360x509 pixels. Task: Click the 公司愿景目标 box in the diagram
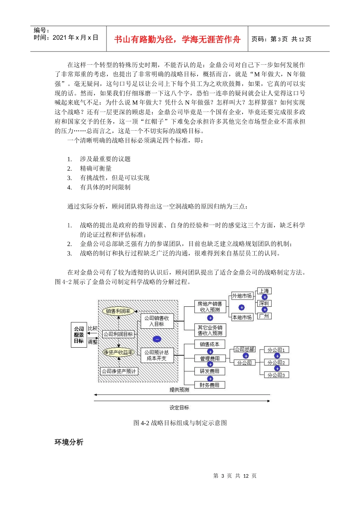[79, 335]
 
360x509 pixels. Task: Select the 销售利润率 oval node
[118, 311]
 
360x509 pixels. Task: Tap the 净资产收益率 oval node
[119, 352]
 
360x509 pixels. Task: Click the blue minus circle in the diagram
[157, 339]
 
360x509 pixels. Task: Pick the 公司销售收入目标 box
[157, 321]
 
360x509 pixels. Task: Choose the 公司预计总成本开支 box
[157, 355]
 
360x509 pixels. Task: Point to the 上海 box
[264, 291]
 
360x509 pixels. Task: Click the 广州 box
[264, 316]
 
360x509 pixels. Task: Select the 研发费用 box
[210, 371]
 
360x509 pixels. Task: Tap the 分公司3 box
[276, 375]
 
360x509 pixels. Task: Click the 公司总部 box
[244, 349]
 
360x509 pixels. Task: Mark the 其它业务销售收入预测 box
[210, 330]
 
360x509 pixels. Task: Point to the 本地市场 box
[242, 317]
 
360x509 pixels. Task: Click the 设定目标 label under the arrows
[179, 408]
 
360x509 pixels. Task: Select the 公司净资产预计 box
[119, 371]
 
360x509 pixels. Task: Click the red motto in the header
[177, 39]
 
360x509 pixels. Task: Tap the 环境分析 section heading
[69, 442]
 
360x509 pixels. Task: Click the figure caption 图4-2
[180, 423]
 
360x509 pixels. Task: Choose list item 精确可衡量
[95, 169]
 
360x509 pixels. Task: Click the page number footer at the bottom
[235, 476]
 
